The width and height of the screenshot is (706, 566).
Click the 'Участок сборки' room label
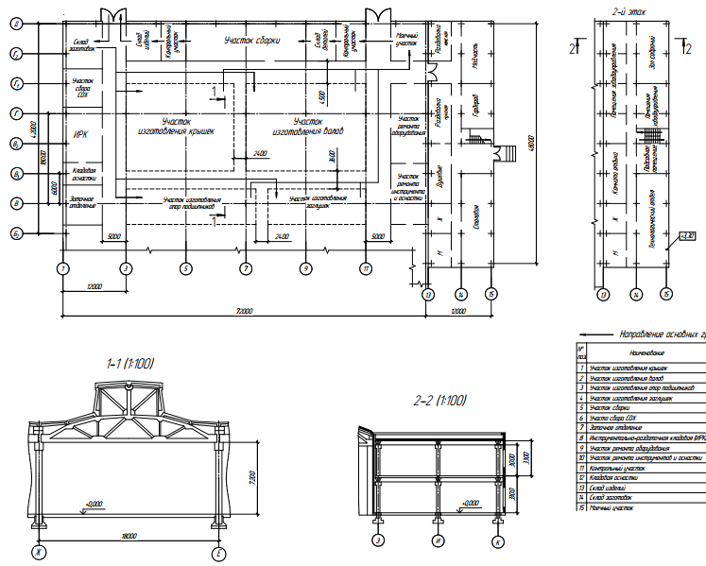coord(252,40)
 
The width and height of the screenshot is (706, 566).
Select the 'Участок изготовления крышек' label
coord(176,127)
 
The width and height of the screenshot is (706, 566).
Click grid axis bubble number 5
coord(185,268)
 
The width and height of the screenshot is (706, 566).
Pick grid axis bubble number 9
coord(305,268)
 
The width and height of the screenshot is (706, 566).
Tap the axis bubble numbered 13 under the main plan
coord(427,295)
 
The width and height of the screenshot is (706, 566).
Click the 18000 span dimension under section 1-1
coord(129,536)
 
